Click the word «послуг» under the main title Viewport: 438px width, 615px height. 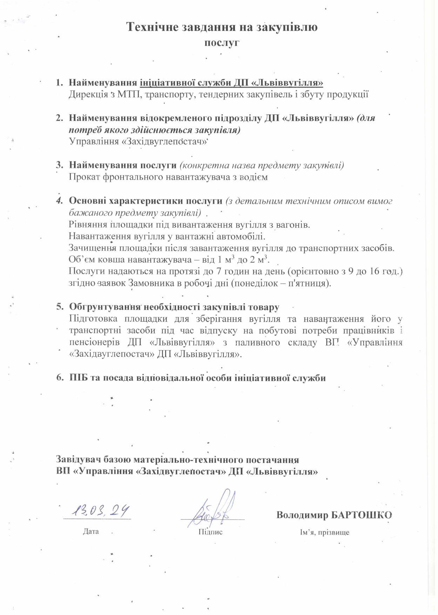(222, 43)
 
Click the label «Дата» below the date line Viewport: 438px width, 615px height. (91, 531)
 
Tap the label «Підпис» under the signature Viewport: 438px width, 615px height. (210, 532)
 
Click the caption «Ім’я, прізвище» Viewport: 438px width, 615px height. (324, 532)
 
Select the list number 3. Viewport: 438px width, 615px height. (59, 165)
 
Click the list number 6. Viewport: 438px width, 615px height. (59, 378)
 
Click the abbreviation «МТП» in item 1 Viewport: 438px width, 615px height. (128, 95)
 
